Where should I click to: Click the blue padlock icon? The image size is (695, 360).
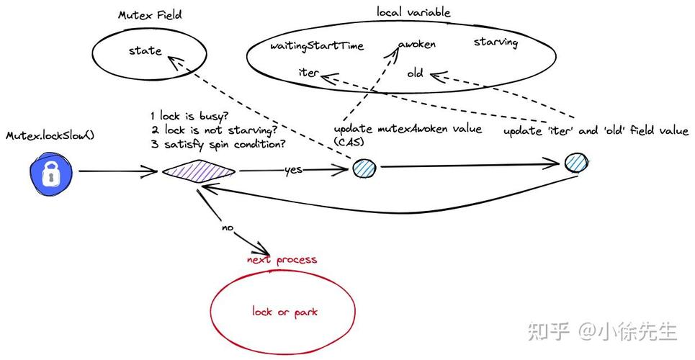click(x=50, y=172)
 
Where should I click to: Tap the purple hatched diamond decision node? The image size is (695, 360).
click(x=198, y=171)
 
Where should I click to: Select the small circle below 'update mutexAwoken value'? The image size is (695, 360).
click(x=364, y=168)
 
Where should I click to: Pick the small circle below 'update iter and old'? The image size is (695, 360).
click(x=576, y=162)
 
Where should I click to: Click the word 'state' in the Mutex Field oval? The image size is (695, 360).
click(x=145, y=50)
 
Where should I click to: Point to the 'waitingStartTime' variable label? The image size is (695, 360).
click(x=317, y=46)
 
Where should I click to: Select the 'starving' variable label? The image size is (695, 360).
click(x=496, y=42)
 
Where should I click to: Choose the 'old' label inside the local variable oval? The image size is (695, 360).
click(x=415, y=73)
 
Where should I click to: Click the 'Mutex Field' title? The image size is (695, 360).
click(x=149, y=15)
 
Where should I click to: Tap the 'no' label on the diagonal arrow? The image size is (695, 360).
click(x=228, y=228)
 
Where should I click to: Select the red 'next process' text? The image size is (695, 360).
click(x=282, y=259)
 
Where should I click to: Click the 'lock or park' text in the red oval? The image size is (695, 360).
click(x=284, y=312)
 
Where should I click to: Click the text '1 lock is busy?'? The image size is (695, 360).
click(x=189, y=116)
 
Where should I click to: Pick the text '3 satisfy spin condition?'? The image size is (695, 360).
click(x=218, y=143)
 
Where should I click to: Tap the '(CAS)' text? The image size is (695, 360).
click(x=349, y=143)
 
